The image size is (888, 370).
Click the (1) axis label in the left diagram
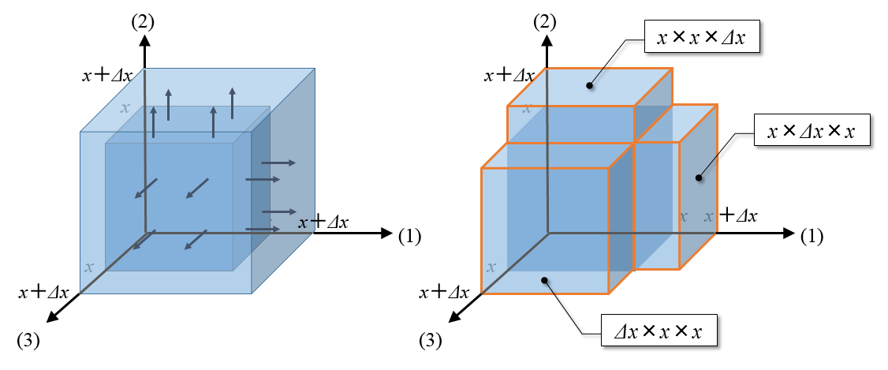coord(411,234)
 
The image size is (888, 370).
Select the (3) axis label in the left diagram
coord(29,340)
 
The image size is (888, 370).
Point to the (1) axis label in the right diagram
coord(813,234)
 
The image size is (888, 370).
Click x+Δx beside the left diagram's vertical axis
coord(112,76)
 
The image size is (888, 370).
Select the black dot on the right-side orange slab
coord(697,178)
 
